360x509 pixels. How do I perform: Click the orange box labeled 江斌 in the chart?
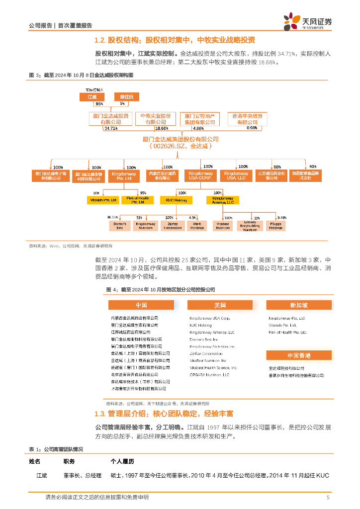(92, 96)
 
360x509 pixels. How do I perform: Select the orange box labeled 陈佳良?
(122, 96)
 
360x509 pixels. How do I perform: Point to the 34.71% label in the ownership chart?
(110, 128)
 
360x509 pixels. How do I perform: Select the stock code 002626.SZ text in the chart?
(166, 147)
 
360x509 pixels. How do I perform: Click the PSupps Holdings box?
(276, 226)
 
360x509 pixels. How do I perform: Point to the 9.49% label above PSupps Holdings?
(282, 217)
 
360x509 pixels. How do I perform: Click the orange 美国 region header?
(220, 305)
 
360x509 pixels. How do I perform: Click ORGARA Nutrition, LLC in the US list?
(209, 375)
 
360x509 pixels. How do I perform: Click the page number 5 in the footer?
(328, 498)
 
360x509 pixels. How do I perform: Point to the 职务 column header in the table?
(69, 462)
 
